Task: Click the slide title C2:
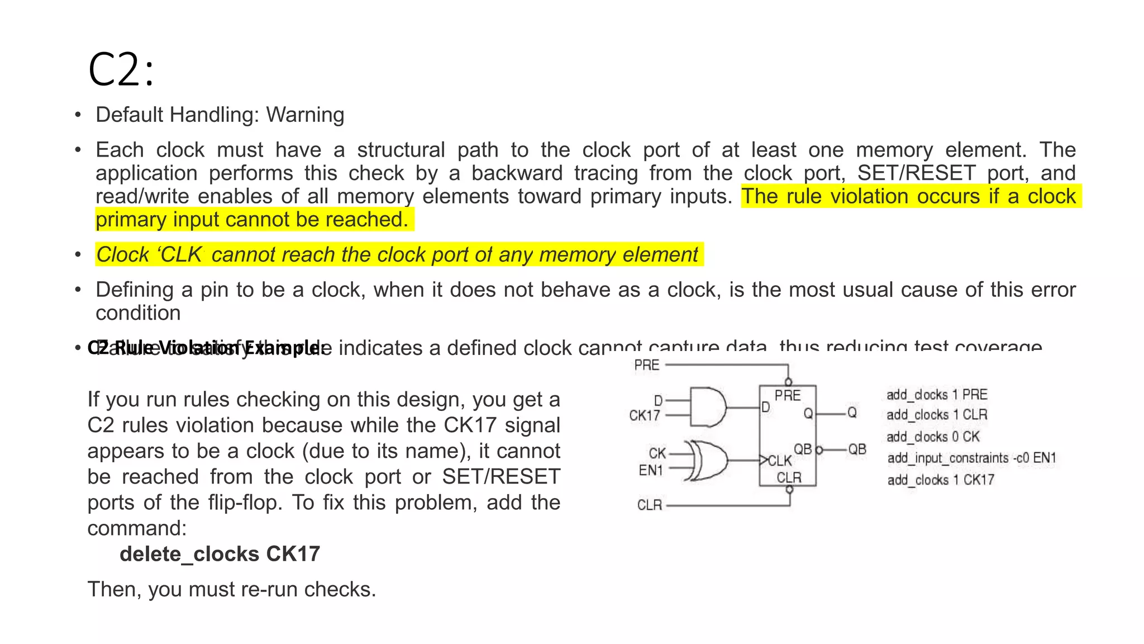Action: click(121, 70)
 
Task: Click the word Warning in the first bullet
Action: click(305, 115)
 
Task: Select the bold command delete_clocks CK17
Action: click(220, 554)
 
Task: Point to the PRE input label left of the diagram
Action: click(647, 366)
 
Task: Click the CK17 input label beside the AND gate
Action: click(645, 415)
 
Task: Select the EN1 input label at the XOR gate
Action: click(650, 470)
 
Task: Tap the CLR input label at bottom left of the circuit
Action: click(650, 505)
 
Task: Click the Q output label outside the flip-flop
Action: click(852, 413)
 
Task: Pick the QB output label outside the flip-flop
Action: click(857, 449)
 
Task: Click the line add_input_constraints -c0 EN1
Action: click(971, 458)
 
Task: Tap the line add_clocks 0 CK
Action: click(933, 437)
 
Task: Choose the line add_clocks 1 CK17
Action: click(941, 480)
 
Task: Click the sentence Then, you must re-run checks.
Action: click(232, 589)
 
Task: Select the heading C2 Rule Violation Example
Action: click(206, 348)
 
